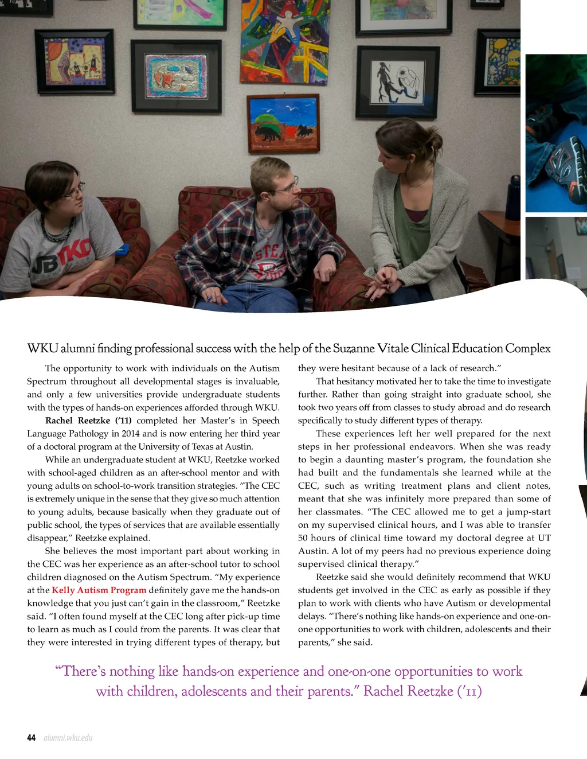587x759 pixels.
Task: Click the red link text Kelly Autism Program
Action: pyautogui.click(x=99, y=590)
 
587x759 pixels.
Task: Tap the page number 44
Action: pyautogui.click(x=32, y=738)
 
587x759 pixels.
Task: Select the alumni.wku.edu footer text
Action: pyautogui.click(x=68, y=738)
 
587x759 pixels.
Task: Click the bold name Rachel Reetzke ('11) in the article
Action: pyautogui.click(x=88, y=421)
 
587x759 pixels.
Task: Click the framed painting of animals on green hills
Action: pyautogui.click(x=283, y=124)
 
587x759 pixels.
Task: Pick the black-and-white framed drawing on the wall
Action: pyautogui.click(x=397, y=82)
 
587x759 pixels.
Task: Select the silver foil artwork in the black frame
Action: pyautogui.click(x=176, y=76)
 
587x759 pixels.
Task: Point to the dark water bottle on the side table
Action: pyautogui.click(x=513, y=198)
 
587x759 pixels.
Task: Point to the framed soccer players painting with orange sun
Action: pyautogui.click(x=75, y=61)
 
